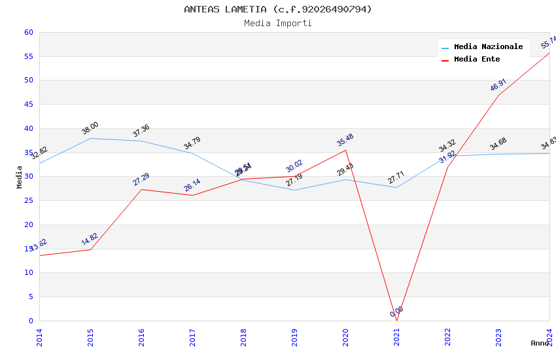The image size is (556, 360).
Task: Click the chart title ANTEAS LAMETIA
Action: coord(278,9)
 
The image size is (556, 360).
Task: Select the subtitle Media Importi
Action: coord(278,23)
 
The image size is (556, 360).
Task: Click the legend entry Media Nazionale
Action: coord(488,47)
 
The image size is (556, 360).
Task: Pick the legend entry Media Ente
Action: coord(476,60)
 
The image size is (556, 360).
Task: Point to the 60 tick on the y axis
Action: coord(28,32)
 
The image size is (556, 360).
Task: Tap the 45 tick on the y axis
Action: coord(28,105)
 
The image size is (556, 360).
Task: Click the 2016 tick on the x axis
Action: coord(141,337)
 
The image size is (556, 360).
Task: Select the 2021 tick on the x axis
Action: coord(396,337)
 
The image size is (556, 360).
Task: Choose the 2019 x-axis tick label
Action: coord(294,337)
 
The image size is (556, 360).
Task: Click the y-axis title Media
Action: coord(20,177)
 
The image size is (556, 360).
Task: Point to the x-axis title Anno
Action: coord(540,343)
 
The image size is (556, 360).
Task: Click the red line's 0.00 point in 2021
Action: coord(396,321)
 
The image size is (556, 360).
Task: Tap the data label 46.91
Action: coord(498,85)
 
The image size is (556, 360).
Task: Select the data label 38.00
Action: coord(90,128)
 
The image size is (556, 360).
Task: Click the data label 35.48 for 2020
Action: coord(345,140)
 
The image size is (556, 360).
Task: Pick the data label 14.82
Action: coord(90,240)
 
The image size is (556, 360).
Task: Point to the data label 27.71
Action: coord(396,177)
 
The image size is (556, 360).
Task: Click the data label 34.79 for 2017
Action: coord(192,143)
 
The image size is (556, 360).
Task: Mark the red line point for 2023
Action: coord(498,95)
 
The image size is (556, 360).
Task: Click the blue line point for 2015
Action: coord(90,138)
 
